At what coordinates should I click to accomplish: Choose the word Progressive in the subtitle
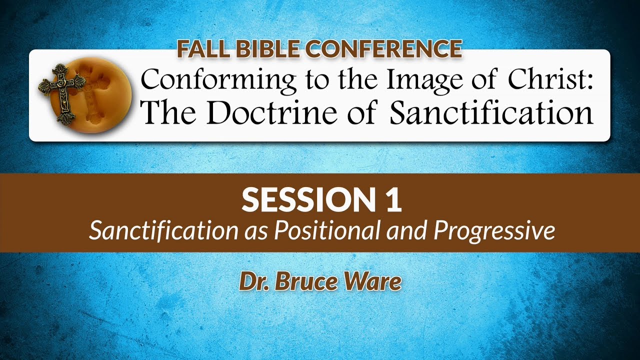click(x=494, y=231)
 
